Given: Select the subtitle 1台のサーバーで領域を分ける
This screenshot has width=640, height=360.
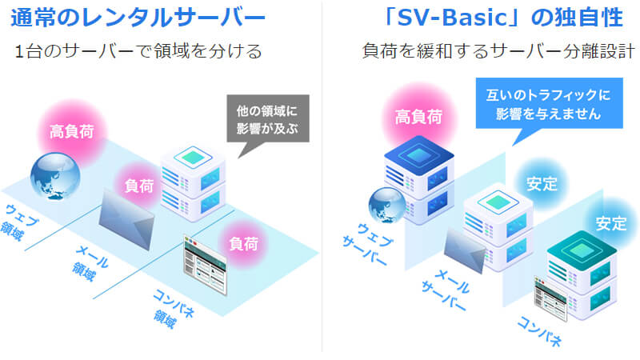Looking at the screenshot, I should tap(138, 52).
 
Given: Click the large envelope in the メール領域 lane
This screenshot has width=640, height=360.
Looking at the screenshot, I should tap(126, 221).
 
